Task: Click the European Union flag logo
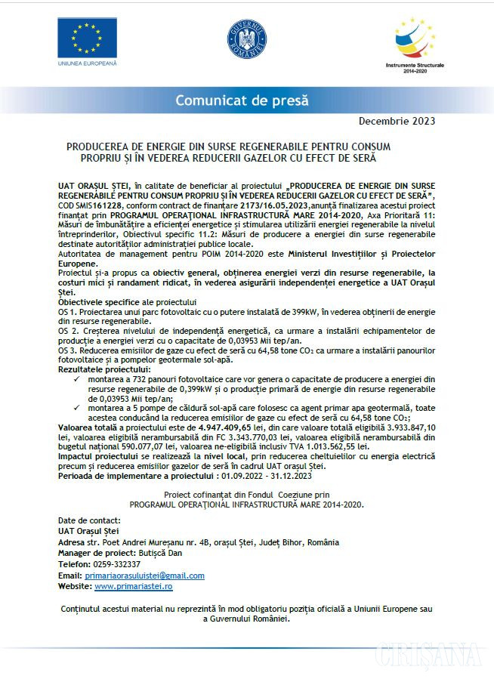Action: pyautogui.click(x=88, y=37)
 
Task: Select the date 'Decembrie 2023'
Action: pyautogui.click(x=397, y=121)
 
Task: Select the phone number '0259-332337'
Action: pyautogui.click(x=115, y=564)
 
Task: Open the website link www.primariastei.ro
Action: pyautogui.click(x=134, y=586)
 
